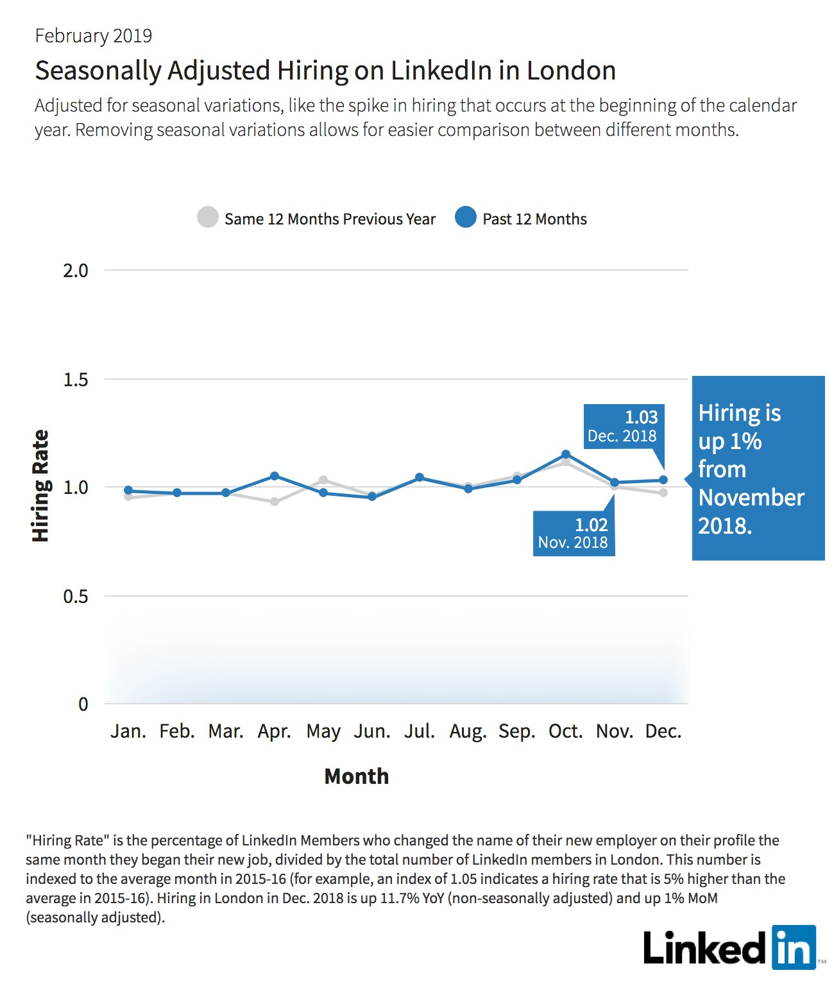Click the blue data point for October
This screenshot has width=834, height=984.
pyautogui.click(x=566, y=454)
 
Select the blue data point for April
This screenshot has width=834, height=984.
pyautogui.click(x=274, y=476)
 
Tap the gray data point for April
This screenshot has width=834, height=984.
pyautogui.click(x=274, y=502)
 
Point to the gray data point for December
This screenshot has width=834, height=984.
pyautogui.click(x=663, y=493)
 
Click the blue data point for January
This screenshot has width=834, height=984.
pyautogui.click(x=128, y=490)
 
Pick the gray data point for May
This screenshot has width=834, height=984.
pyautogui.click(x=323, y=479)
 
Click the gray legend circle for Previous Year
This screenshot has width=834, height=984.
pyautogui.click(x=208, y=217)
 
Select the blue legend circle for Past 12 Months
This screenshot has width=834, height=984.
pyautogui.click(x=466, y=217)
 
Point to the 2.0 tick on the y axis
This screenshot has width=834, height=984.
pyautogui.click(x=76, y=271)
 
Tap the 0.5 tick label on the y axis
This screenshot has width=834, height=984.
pyautogui.click(x=76, y=596)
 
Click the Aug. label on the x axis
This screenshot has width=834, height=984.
pyautogui.click(x=468, y=731)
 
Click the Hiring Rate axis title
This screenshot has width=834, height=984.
pyautogui.click(x=40, y=486)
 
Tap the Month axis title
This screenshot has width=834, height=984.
pyautogui.click(x=357, y=776)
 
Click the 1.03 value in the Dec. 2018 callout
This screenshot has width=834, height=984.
pyautogui.click(x=641, y=417)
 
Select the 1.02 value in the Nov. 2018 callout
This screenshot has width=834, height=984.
pyautogui.click(x=591, y=525)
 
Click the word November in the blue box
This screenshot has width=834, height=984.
pyautogui.click(x=751, y=498)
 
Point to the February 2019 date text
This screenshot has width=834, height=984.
pyautogui.click(x=93, y=36)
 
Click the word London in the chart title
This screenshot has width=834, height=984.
pyautogui.click(x=571, y=71)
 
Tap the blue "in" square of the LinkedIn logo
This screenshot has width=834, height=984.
pyautogui.click(x=794, y=947)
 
